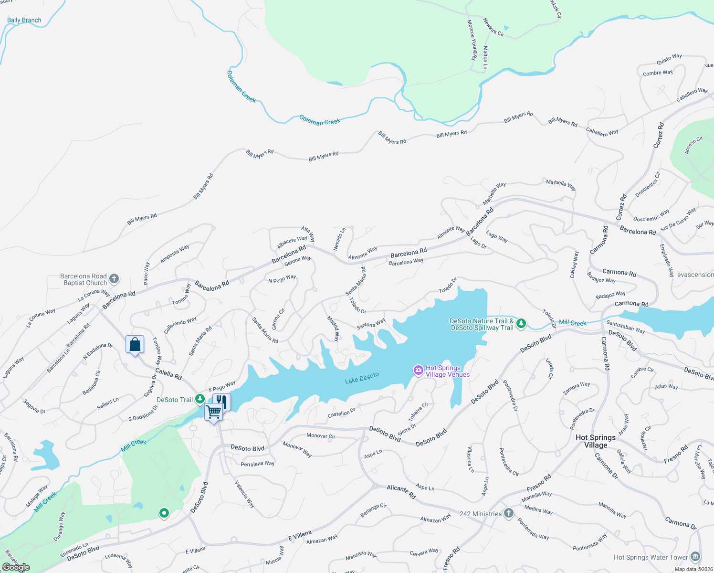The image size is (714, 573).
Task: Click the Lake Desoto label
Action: click(362, 378)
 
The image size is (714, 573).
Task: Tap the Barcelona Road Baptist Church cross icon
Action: click(114, 279)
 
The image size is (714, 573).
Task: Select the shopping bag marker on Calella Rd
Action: click(135, 344)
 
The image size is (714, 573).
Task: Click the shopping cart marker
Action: click(213, 411)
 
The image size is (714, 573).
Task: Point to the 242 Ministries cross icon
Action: click(509, 513)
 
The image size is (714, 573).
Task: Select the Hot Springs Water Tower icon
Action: click(695, 557)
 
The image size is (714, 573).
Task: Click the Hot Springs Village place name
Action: click(596, 441)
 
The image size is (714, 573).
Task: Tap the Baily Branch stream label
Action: click(24, 20)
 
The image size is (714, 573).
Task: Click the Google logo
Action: click(16, 567)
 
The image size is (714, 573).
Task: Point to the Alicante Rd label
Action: click(401, 492)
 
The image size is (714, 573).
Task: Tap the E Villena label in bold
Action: click(300, 535)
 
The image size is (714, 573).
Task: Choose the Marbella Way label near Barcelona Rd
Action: click(494, 193)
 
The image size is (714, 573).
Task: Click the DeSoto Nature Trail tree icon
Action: click(522, 324)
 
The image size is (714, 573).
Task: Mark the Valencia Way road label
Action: click(245, 494)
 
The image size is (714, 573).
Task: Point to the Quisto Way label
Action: click(669, 59)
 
